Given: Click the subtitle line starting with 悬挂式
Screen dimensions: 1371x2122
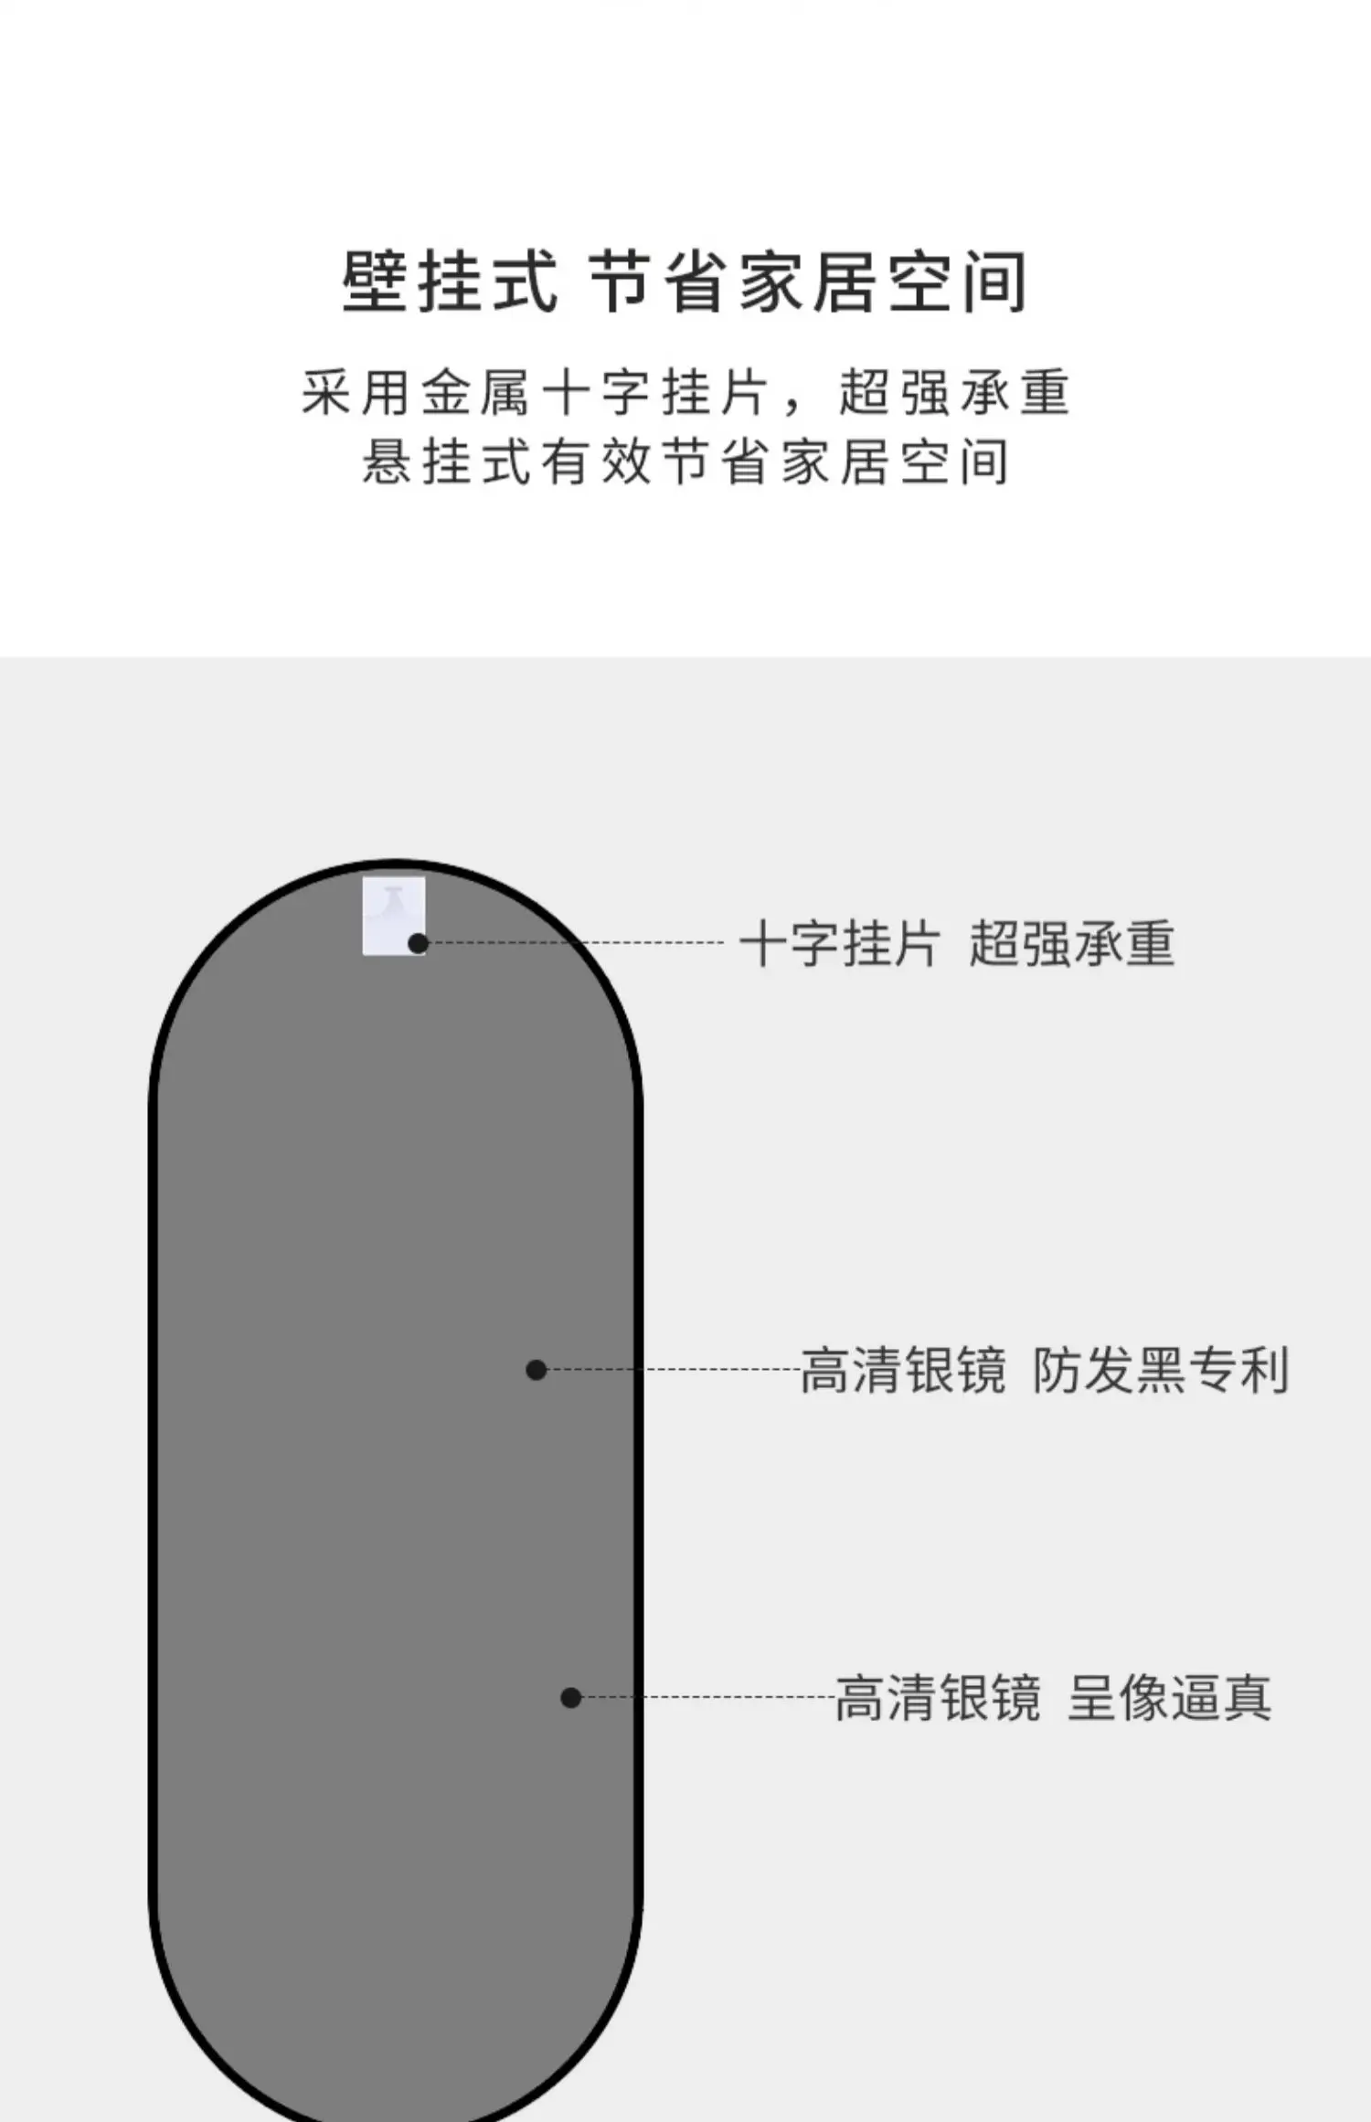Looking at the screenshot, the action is pos(685,462).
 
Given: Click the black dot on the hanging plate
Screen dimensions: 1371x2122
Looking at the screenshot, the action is pos(418,944).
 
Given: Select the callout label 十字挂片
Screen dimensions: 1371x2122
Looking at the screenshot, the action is pos(840,944).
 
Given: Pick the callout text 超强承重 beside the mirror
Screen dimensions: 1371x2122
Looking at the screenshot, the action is pos(1071,944).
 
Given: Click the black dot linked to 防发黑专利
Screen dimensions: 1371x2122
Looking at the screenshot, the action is pos(537,1370).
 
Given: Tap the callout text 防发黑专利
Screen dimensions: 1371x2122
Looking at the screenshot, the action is pos(1161,1371).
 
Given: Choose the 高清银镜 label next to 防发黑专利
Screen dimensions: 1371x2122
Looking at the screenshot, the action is pos(903,1371).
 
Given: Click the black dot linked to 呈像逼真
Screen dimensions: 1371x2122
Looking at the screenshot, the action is pos(570,1698).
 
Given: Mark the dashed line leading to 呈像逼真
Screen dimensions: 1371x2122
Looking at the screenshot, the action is pos(704,1697).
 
